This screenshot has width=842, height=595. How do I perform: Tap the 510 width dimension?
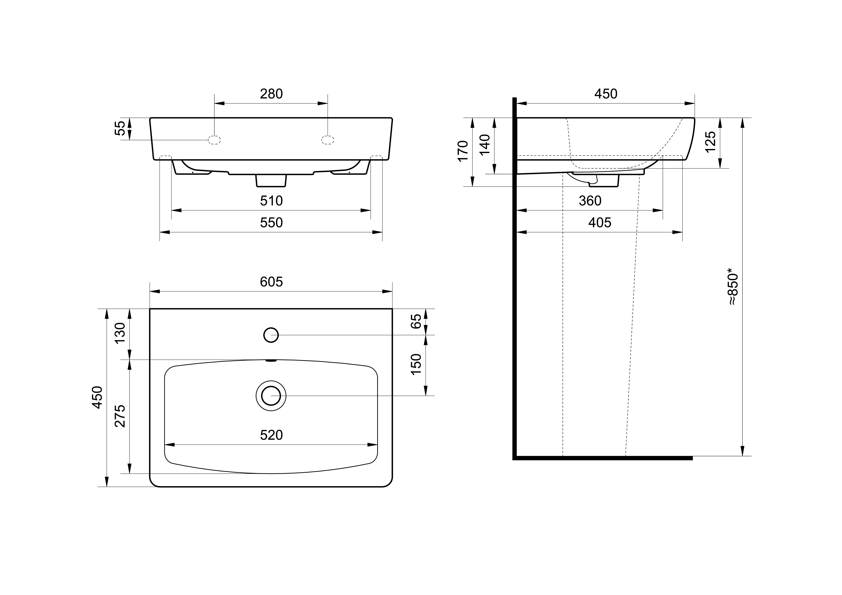click(271, 201)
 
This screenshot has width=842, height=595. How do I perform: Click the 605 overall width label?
click(271, 282)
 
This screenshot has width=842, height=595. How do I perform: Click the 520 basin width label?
click(271, 435)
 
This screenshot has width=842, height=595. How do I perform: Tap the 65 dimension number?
click(416, 321)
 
